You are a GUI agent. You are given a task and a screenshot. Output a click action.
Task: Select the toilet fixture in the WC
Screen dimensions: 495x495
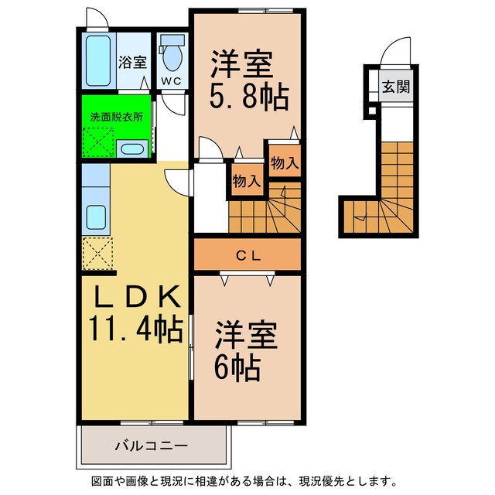[171, 56]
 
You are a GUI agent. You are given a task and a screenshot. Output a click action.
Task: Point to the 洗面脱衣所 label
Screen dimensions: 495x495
[116, 117]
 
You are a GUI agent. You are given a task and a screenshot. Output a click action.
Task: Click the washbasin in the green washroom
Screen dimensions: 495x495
[131, 148]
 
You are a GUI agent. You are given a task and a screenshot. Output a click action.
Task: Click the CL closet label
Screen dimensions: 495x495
[247, 254]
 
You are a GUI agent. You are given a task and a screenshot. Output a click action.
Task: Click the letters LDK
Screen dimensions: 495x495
[138, 297]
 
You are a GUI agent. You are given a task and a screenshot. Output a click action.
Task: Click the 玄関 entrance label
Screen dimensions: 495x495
[394, 87]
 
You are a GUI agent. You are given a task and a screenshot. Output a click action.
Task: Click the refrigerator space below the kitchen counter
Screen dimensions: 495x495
[97, 252]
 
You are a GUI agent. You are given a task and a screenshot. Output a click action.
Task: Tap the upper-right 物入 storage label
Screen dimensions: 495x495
[285, 162]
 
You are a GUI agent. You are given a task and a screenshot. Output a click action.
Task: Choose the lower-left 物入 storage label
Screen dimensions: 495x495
[246, 182]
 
